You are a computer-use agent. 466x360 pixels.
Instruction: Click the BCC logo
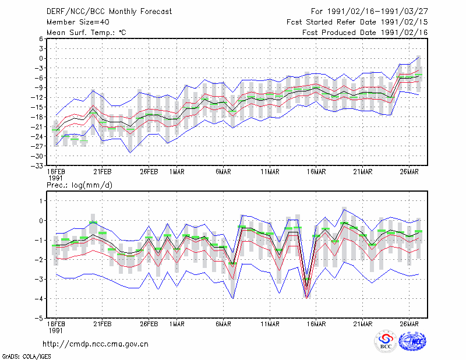pos(386,341)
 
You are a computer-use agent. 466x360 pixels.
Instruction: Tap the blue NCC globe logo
pos(412,341)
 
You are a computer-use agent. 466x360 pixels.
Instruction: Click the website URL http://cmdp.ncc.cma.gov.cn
pos(96,344)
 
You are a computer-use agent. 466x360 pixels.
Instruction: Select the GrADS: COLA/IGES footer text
pos(26,357)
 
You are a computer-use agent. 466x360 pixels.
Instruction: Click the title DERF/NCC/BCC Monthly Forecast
pos(109,12)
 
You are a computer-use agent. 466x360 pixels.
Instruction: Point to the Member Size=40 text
pos(78,22)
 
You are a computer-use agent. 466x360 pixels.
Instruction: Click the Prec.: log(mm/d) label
pos(79,185)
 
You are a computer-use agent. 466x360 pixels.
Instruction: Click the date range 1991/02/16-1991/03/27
pos(377,12)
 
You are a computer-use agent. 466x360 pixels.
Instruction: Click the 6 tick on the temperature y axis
pos(41,39)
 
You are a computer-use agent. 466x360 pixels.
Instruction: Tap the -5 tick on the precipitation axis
pos(39,319)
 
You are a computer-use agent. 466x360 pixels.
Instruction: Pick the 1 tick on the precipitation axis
pos(41,201)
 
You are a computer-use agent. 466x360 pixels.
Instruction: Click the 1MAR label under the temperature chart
pos(177,172)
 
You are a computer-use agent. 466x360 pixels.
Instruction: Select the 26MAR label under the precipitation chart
pos(409,324)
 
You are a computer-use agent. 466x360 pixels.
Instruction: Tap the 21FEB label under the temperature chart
pos(103,172)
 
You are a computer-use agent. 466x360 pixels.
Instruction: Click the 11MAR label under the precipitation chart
pos(270,324)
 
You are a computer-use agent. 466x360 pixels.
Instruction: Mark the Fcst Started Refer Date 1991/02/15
pos(357,22)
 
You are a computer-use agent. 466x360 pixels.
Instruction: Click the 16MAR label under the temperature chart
pos(316,172)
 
